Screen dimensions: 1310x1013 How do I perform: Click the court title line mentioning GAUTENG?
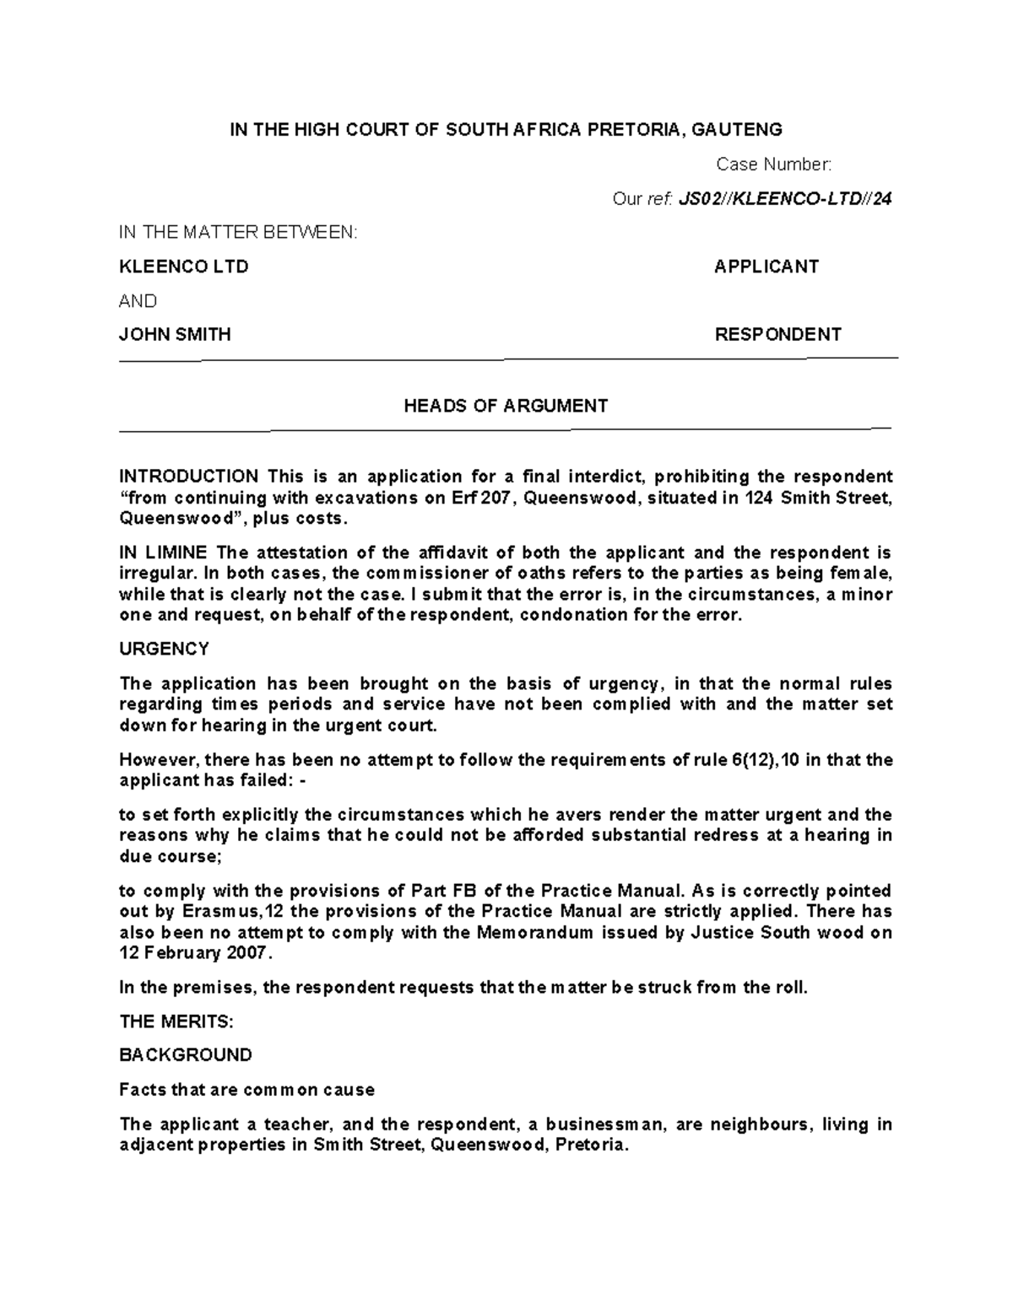point(506,129)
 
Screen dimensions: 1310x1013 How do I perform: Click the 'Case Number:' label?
point(773,164)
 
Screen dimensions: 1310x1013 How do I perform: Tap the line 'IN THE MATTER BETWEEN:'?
point(238,233)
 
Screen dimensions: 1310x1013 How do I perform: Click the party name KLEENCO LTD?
point(183,267)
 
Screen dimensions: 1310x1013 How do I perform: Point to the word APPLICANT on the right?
point(766,267)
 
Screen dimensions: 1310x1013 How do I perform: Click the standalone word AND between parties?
point(138,301)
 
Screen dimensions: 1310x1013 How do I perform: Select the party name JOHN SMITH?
point(175,334)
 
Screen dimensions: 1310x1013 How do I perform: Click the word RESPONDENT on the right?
point(777,334)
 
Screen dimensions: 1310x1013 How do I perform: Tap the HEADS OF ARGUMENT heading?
point(506,406)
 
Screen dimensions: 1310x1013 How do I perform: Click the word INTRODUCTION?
point(188,477)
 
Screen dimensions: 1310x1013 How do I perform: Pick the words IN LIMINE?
point(163,553)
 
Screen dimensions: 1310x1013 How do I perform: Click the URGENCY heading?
point(164,649)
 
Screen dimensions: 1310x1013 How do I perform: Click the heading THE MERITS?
point(176,1022)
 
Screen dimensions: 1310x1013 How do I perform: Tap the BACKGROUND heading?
point(185,1055)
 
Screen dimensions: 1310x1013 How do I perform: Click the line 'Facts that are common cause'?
point(246,1090)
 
